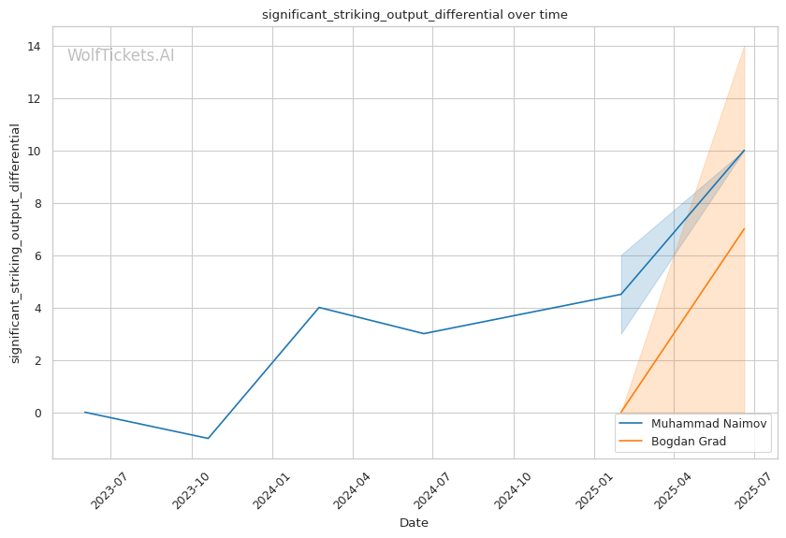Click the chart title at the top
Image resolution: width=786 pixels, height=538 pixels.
[415, 14]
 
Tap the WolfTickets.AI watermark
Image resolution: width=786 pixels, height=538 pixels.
[121, 55]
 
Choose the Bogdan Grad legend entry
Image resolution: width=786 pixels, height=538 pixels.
[688, 441]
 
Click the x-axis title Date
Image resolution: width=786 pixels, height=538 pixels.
[414, 523]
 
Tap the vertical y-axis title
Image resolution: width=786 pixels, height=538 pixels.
[15, 243]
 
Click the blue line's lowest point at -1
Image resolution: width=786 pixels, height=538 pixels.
[208, 438]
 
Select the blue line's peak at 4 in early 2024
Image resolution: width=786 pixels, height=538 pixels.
[319, 307]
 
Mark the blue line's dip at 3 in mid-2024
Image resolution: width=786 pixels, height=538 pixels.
[424, 333]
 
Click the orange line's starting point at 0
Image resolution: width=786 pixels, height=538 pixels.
[620, 413]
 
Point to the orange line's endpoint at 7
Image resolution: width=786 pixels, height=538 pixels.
[744, 229]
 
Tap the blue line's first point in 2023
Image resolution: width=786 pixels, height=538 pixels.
[85, 413]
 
